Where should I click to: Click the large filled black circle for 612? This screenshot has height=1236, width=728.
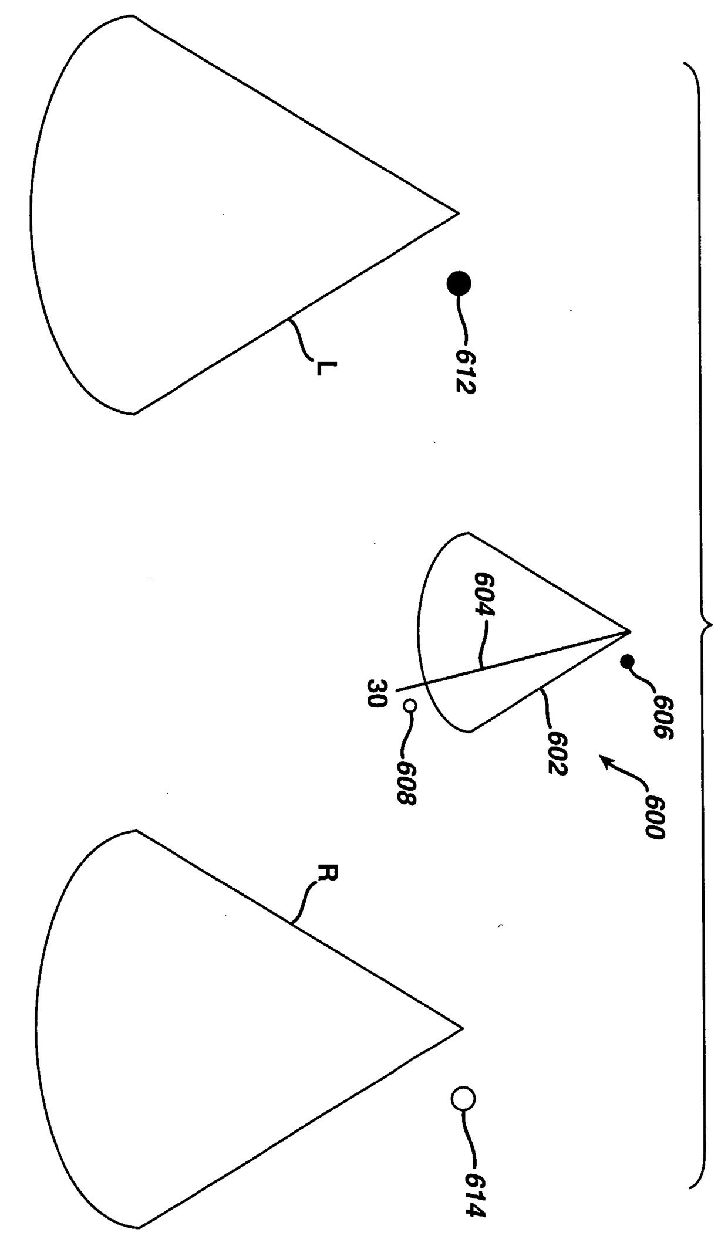coord(459,285)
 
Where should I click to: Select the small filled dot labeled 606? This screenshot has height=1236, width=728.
coord(628,662)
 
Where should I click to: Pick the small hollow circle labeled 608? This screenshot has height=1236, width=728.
coord(410,706)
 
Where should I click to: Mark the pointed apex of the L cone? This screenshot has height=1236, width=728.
coord(457,213)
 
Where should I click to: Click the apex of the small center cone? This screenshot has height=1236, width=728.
coord(629,632)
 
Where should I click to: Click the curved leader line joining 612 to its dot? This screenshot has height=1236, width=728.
coord(461,320)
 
